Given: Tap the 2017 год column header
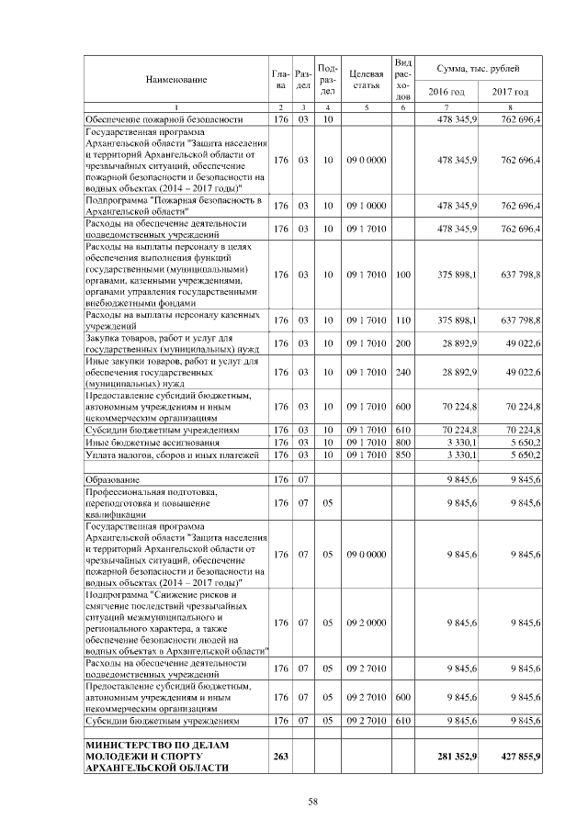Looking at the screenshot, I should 510,92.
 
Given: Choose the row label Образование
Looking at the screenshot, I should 112,479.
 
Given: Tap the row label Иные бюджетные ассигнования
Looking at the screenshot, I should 143,442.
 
